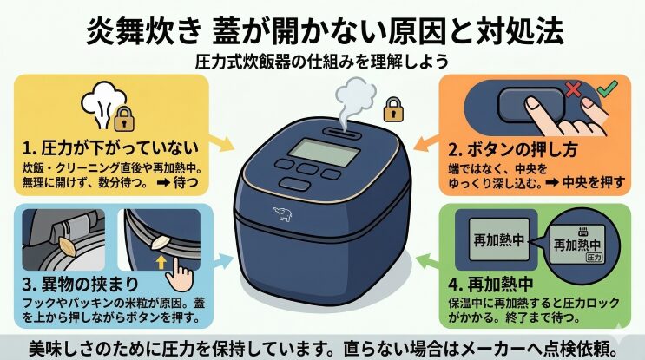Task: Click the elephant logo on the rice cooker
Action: click(283, 214)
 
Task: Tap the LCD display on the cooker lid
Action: click(324, 152)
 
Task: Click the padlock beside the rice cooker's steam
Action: click(393, 109)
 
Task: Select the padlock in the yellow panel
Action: click(125, 119)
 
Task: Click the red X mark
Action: click(572, 90)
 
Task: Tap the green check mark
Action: click(608, 88)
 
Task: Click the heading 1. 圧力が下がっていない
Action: click(110, 148)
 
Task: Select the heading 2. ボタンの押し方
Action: click(512, 150)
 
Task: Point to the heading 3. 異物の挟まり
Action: click(81, 285)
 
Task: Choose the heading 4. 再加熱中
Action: click(490, 285)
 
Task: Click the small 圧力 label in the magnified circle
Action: click(594, 258)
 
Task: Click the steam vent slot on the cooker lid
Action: click(341, 133)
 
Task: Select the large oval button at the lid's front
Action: click(293, 185)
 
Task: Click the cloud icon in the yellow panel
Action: click(103, 104)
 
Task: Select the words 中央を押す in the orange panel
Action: click(593, 181)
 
